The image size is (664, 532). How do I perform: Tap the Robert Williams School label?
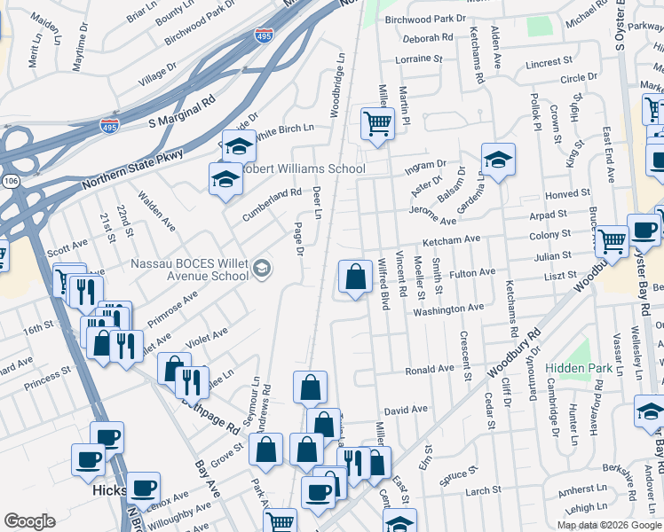coord(303,168)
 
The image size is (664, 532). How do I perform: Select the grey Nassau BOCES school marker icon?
coord(262,269)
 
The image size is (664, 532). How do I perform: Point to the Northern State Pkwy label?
coord(132,168)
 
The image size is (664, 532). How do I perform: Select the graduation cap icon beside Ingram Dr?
coord(498,160)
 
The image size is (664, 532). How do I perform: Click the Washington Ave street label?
coord(448,309)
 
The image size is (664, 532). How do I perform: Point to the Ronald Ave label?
coord(430,370)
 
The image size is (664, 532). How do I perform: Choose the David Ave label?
coord(406,411)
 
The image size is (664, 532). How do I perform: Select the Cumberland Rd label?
coord(273,199)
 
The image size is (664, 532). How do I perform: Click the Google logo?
coord(29,521)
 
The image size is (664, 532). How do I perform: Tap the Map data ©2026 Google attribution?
coord(607,524)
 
